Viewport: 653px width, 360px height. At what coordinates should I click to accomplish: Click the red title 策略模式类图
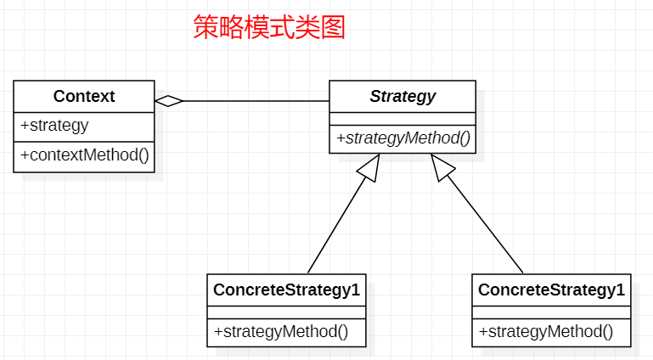coord(269,27)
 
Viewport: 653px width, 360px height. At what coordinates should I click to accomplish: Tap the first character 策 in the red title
coord(206,27)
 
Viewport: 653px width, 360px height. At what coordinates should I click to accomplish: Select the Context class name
coord(84,96)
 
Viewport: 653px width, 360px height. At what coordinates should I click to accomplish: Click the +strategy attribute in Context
coord(54,126)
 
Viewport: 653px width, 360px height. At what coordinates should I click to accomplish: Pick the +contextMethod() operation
coord(85,155)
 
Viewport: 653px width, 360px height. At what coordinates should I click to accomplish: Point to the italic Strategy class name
coord(402,97)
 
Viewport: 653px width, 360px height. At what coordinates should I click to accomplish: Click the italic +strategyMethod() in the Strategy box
coord(403,138)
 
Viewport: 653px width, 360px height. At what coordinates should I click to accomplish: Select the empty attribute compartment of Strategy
coord(402,119)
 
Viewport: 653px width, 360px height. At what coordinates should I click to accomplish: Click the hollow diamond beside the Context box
coord(169,101)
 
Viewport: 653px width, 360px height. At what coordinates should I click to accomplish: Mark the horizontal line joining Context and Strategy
coord(256,101)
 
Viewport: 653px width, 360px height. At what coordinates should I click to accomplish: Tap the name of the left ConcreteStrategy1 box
coord(286,290)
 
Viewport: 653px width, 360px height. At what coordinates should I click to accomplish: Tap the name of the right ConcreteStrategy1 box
coord(551,290)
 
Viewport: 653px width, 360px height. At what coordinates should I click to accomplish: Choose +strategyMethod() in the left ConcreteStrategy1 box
coord(281,332)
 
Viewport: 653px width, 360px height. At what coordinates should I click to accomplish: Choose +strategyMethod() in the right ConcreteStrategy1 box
coord(546,332)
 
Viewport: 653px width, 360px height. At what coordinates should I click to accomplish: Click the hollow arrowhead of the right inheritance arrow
coord(442,167)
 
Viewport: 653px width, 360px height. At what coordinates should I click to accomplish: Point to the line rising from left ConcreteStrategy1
coord(337,225)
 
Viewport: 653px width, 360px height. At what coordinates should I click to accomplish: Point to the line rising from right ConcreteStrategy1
coord(485,224)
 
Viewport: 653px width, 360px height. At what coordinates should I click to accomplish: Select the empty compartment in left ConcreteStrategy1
coord(286,312)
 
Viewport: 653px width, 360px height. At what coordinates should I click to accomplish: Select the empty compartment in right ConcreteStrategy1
coord(551,312)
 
